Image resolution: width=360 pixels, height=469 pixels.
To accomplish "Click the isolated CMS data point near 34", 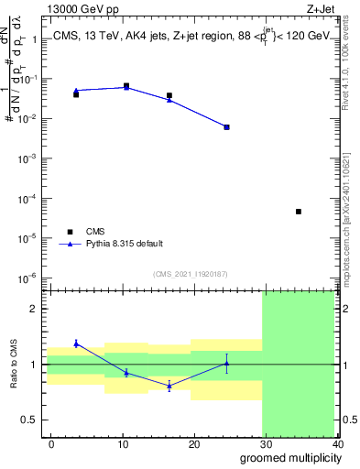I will (299, 212).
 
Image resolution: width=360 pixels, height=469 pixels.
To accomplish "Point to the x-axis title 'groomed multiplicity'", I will (289, 457).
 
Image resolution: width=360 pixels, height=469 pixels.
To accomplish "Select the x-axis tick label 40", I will (339, 444).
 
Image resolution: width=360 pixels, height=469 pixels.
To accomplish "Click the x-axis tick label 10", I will (123, 444).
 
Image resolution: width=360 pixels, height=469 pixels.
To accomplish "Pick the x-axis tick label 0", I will (51, 444).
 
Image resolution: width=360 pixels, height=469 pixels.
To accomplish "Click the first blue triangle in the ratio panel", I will (76, 344).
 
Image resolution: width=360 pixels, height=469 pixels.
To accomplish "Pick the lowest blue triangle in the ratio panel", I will (169, 387).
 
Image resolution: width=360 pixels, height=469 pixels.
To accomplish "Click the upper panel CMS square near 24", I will (226, 127).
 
